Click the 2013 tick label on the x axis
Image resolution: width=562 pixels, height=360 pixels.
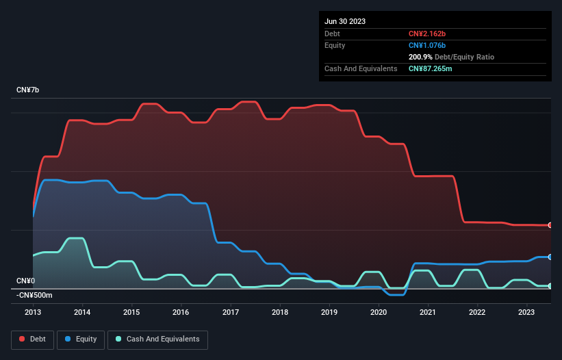tap(33, 312)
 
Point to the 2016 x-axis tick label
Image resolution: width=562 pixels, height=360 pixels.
tap(181, 312)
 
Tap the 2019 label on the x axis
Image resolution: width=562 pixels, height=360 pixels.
tap(329, 312)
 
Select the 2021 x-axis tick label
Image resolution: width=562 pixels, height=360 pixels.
tap(429, 312)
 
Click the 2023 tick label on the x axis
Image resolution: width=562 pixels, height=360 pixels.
tap(527, 312)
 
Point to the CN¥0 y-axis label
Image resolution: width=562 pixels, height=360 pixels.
tap(26, 281)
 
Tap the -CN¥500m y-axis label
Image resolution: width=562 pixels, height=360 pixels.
tap(36, 295)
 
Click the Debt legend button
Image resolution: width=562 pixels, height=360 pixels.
tap(33, 339)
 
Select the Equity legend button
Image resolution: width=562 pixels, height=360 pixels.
tap(81, 339)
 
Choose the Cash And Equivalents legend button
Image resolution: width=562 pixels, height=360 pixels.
tap(157, 339)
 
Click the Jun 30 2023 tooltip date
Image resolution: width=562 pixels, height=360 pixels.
tap(345, 21)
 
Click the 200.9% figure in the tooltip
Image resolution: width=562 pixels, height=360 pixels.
tap(421, 57)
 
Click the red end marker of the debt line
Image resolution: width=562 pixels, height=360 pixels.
tap(550, 225)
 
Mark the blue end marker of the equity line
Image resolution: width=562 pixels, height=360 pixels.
tap(550, 257)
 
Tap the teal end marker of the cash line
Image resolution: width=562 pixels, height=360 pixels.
tap(550, 286)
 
